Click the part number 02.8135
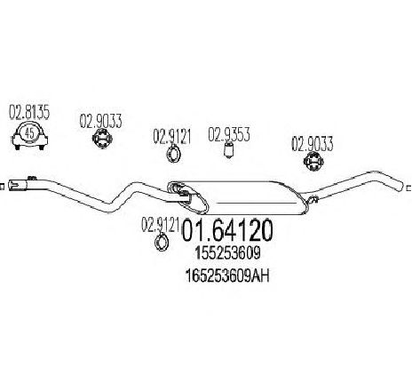coord(29,112)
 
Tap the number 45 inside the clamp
coord(29,133)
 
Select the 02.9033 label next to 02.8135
coord(100,121)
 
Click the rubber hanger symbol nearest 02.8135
coord(101,140)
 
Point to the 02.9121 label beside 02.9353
coord(171,137)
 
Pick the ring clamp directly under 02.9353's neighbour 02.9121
coord(173,154)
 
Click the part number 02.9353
coord(229,134)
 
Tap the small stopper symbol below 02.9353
coord(228,149)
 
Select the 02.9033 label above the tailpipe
coord(313,144)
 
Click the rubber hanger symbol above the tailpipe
coord(313,162)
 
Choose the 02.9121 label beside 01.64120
coord(160,225)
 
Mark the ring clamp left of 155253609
coord(162,243)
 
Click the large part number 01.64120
coord(226,230)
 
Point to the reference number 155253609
coord(227,253)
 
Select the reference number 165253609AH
coord(227,276)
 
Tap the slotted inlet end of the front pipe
coord(15,185)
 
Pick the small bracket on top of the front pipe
coord(32,179)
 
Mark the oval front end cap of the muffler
coord(187,197)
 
